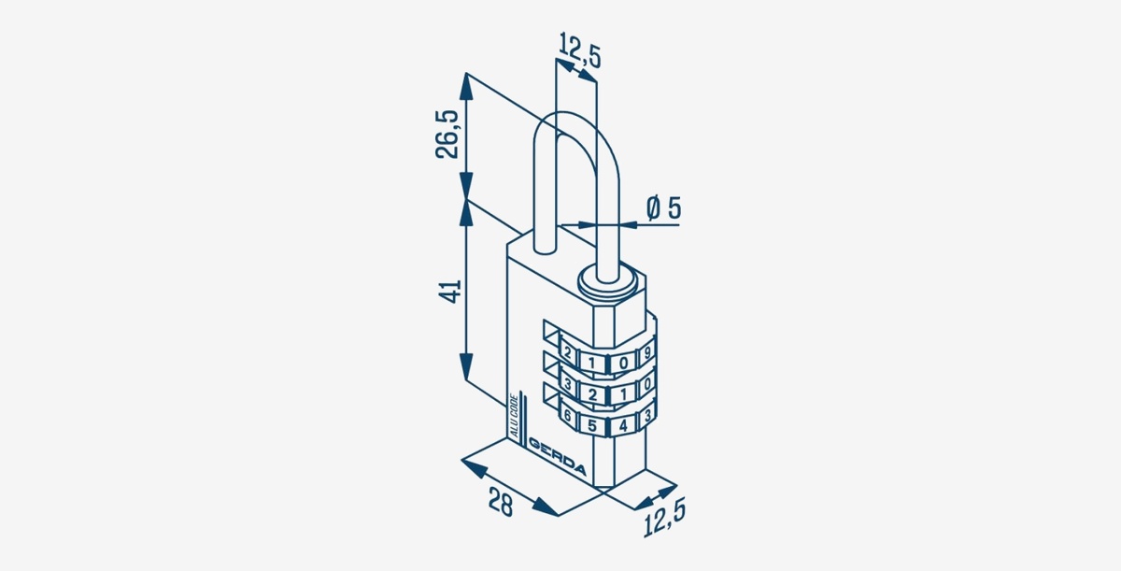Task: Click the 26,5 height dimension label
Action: [x=447, y=135]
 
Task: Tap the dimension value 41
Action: [x=449, y=292]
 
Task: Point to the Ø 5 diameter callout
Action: [x=663, y=208]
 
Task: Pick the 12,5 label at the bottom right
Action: [x=664, y=518]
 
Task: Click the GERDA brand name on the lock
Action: [x=557, y=456]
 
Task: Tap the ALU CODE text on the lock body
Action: [x=514, y=417]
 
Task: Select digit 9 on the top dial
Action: [x=647, y=352]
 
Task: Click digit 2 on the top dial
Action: [x=567, y=353]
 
